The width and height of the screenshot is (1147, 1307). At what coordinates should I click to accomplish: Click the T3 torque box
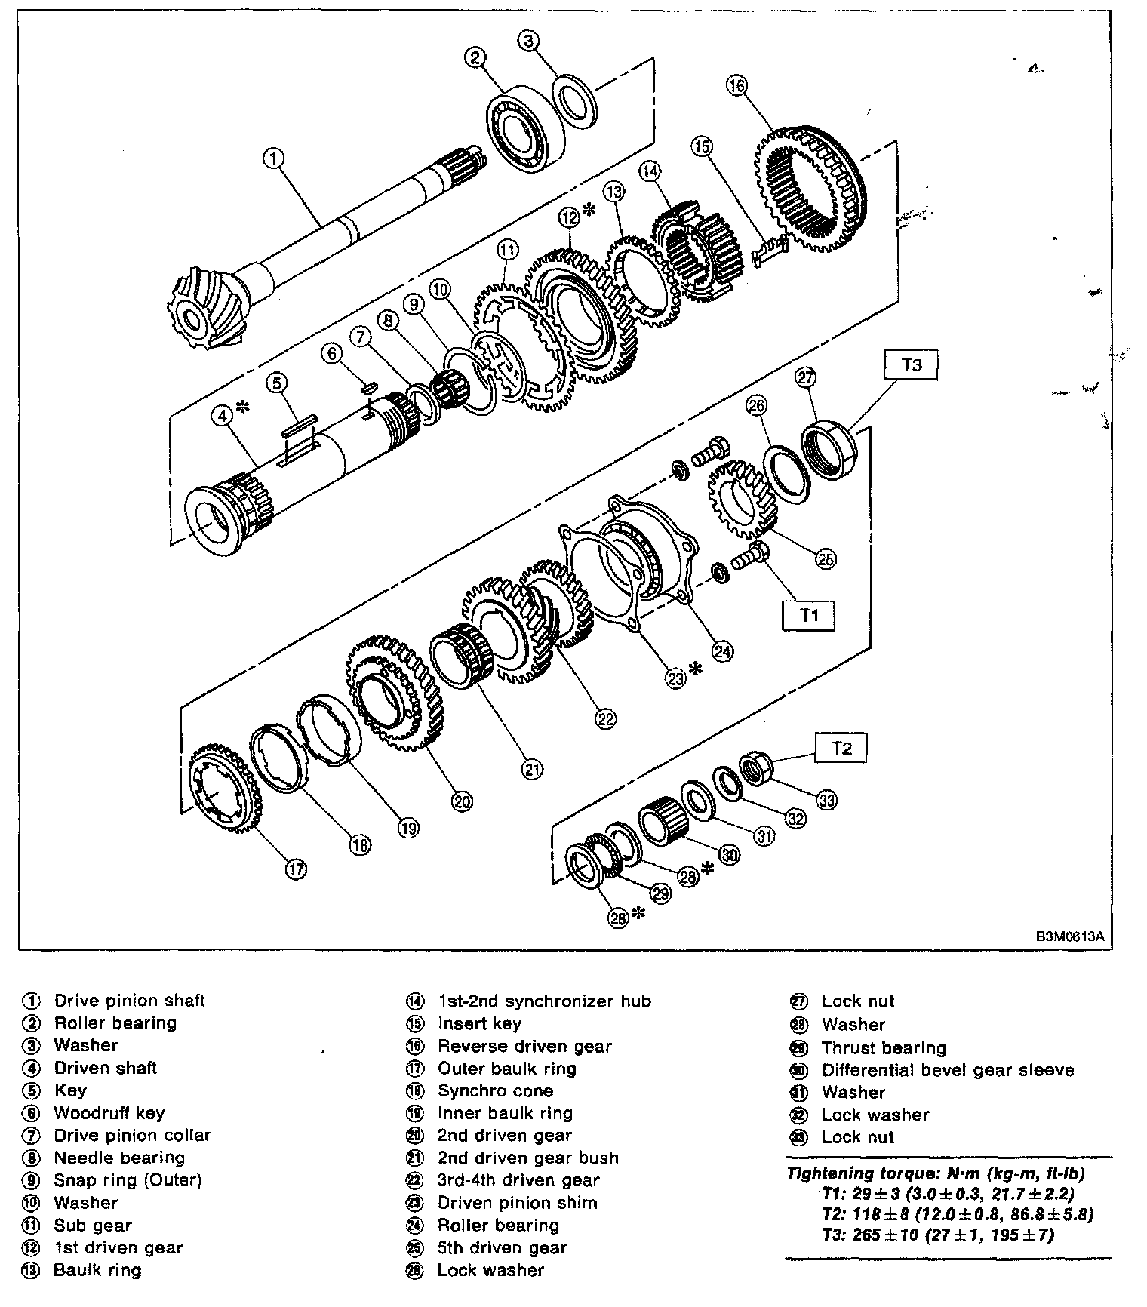pos(912,365)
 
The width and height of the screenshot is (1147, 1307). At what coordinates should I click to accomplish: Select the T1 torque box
pos(809,616)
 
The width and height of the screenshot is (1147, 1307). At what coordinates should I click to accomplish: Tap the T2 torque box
pos(841,748)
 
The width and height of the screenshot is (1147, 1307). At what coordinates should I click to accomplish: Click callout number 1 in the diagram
pos(274,158)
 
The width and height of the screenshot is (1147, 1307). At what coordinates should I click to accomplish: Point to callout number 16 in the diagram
pos(736,85)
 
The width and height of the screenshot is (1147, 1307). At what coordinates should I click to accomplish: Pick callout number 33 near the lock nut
pos(827,800)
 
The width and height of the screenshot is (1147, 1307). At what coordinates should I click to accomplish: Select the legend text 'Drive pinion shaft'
pos(129,1001)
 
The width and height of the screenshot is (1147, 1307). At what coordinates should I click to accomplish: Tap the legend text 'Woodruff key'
pos(109,1113)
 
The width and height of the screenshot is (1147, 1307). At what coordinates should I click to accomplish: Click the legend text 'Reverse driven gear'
pos(524,1047)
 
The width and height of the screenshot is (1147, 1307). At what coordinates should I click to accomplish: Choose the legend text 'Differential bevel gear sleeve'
pos(948,1070)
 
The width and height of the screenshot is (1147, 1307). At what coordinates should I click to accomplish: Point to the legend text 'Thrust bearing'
pos(884,1047)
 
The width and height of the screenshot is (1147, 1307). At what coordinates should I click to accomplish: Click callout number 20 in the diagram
pos(462,801)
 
